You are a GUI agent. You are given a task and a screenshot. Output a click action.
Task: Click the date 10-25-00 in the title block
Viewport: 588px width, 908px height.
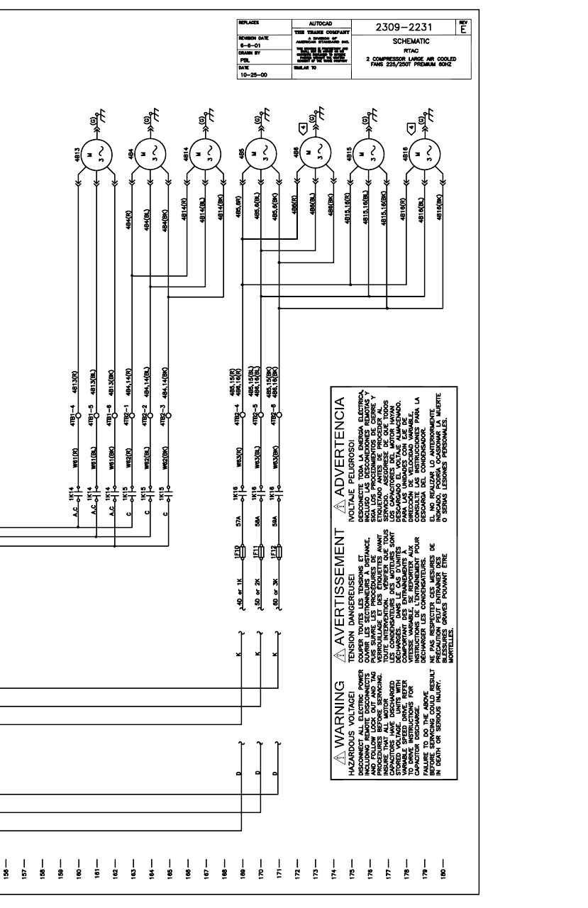250,72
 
